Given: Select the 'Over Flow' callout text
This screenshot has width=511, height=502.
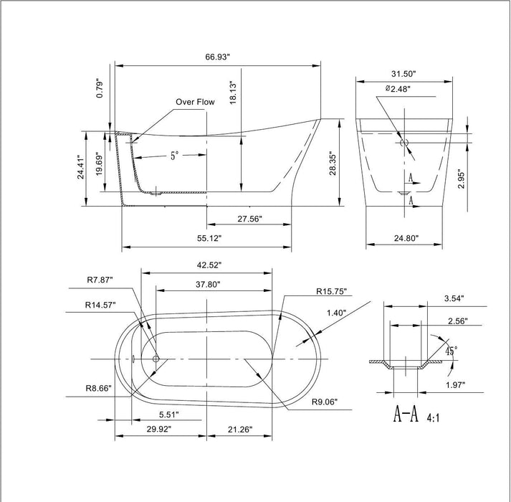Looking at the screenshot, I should tap(196, 103).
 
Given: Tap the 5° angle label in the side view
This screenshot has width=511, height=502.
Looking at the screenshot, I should tap(174, 155).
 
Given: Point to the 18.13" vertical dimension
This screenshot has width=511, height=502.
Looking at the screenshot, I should tap(234, 95).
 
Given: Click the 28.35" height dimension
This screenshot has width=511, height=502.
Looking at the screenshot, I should tap(331, 167).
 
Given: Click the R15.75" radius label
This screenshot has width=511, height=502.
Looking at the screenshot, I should tap(331, 292).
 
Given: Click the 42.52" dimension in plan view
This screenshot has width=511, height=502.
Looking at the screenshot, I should tap(206, 265).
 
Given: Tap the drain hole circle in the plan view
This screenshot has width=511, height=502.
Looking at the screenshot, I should tap(156, 357).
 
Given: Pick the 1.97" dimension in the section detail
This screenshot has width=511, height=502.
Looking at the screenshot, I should tap(454, 385).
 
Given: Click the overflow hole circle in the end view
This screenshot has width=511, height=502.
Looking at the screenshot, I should tap(404, 143).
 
